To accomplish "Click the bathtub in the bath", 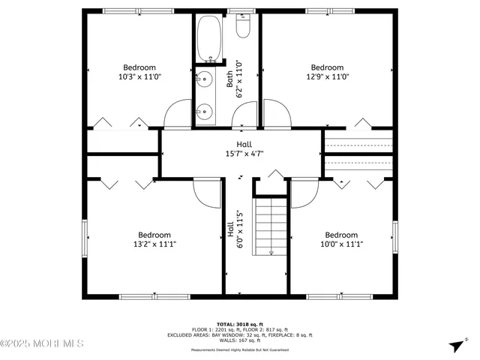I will (x=208, y=38).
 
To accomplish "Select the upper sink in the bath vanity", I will (x=204, y=77).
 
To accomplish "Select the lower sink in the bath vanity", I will (x=204, y=111).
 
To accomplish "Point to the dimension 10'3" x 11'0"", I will (x=140, y=76).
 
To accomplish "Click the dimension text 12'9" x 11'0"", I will (x=327, y=76).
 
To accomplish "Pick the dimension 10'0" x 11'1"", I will (x=340, y=244).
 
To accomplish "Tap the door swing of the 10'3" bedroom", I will (x=178, y=114).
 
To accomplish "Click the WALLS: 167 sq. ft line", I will (x=241, y=341).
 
